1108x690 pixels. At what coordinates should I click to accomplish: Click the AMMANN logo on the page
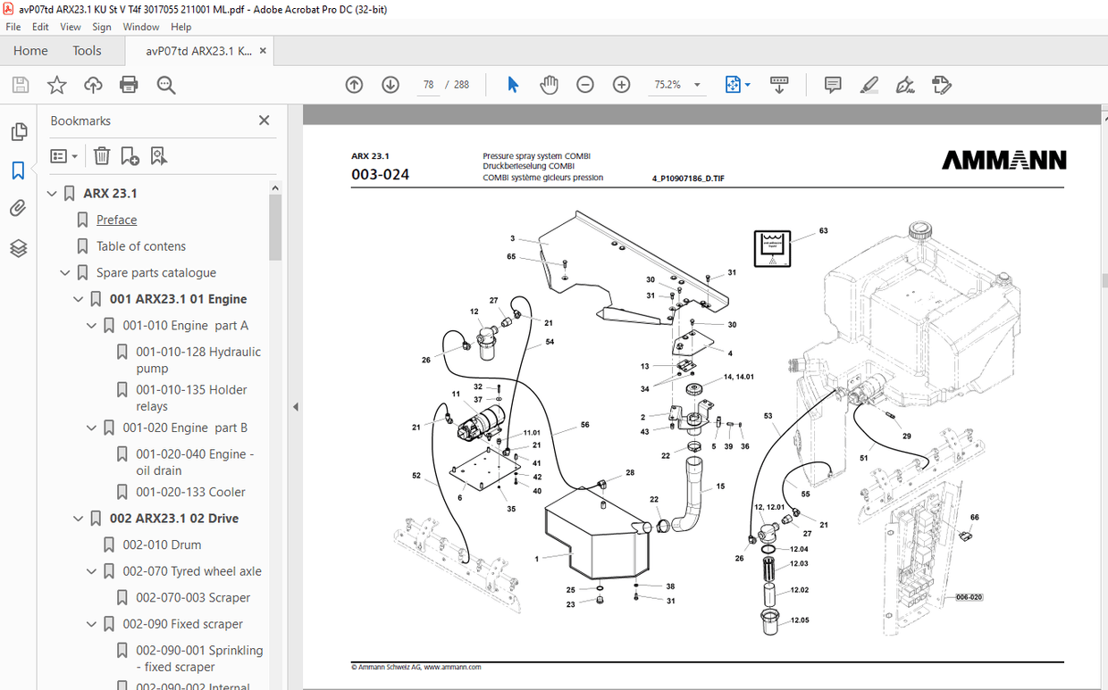pos(1003,161)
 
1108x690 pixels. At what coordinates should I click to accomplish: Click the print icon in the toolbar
pos(129,85)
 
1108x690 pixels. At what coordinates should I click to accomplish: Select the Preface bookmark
pos(116,220)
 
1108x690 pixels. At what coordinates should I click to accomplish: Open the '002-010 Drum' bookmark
pos(162,545)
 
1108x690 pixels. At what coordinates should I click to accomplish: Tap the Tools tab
pos(87,51)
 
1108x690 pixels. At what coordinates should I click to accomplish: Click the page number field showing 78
pos(429,85)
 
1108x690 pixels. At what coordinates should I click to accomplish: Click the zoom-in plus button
pos(622,85)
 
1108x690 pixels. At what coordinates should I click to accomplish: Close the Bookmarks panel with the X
pos(264,121)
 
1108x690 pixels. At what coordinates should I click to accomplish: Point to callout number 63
pos(823,231)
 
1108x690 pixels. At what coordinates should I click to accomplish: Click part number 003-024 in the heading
pos(381,175)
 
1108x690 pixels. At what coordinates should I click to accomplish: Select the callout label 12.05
pos(799,619)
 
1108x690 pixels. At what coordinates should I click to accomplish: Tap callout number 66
pos(975,518)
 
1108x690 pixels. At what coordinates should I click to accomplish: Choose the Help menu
pos(180,27)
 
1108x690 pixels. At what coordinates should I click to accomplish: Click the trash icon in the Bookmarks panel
pos(102,156)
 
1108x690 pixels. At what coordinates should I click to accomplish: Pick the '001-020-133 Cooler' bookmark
pos(190,492)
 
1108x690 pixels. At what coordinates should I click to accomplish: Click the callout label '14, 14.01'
pos(739,378)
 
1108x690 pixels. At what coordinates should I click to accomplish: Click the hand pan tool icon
pos(549,85)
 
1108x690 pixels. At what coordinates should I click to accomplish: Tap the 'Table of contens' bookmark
pos(141,246)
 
